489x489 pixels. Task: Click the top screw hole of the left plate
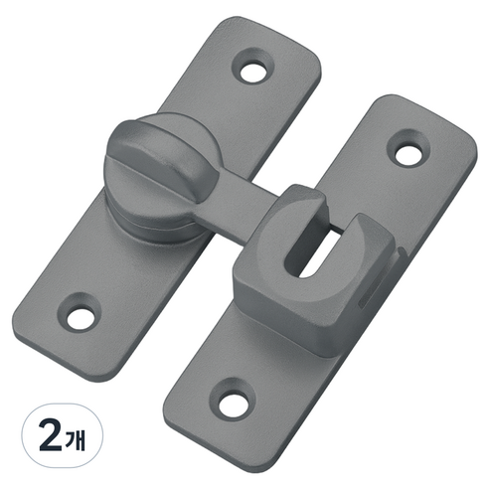253,72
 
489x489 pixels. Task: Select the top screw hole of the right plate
408,153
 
